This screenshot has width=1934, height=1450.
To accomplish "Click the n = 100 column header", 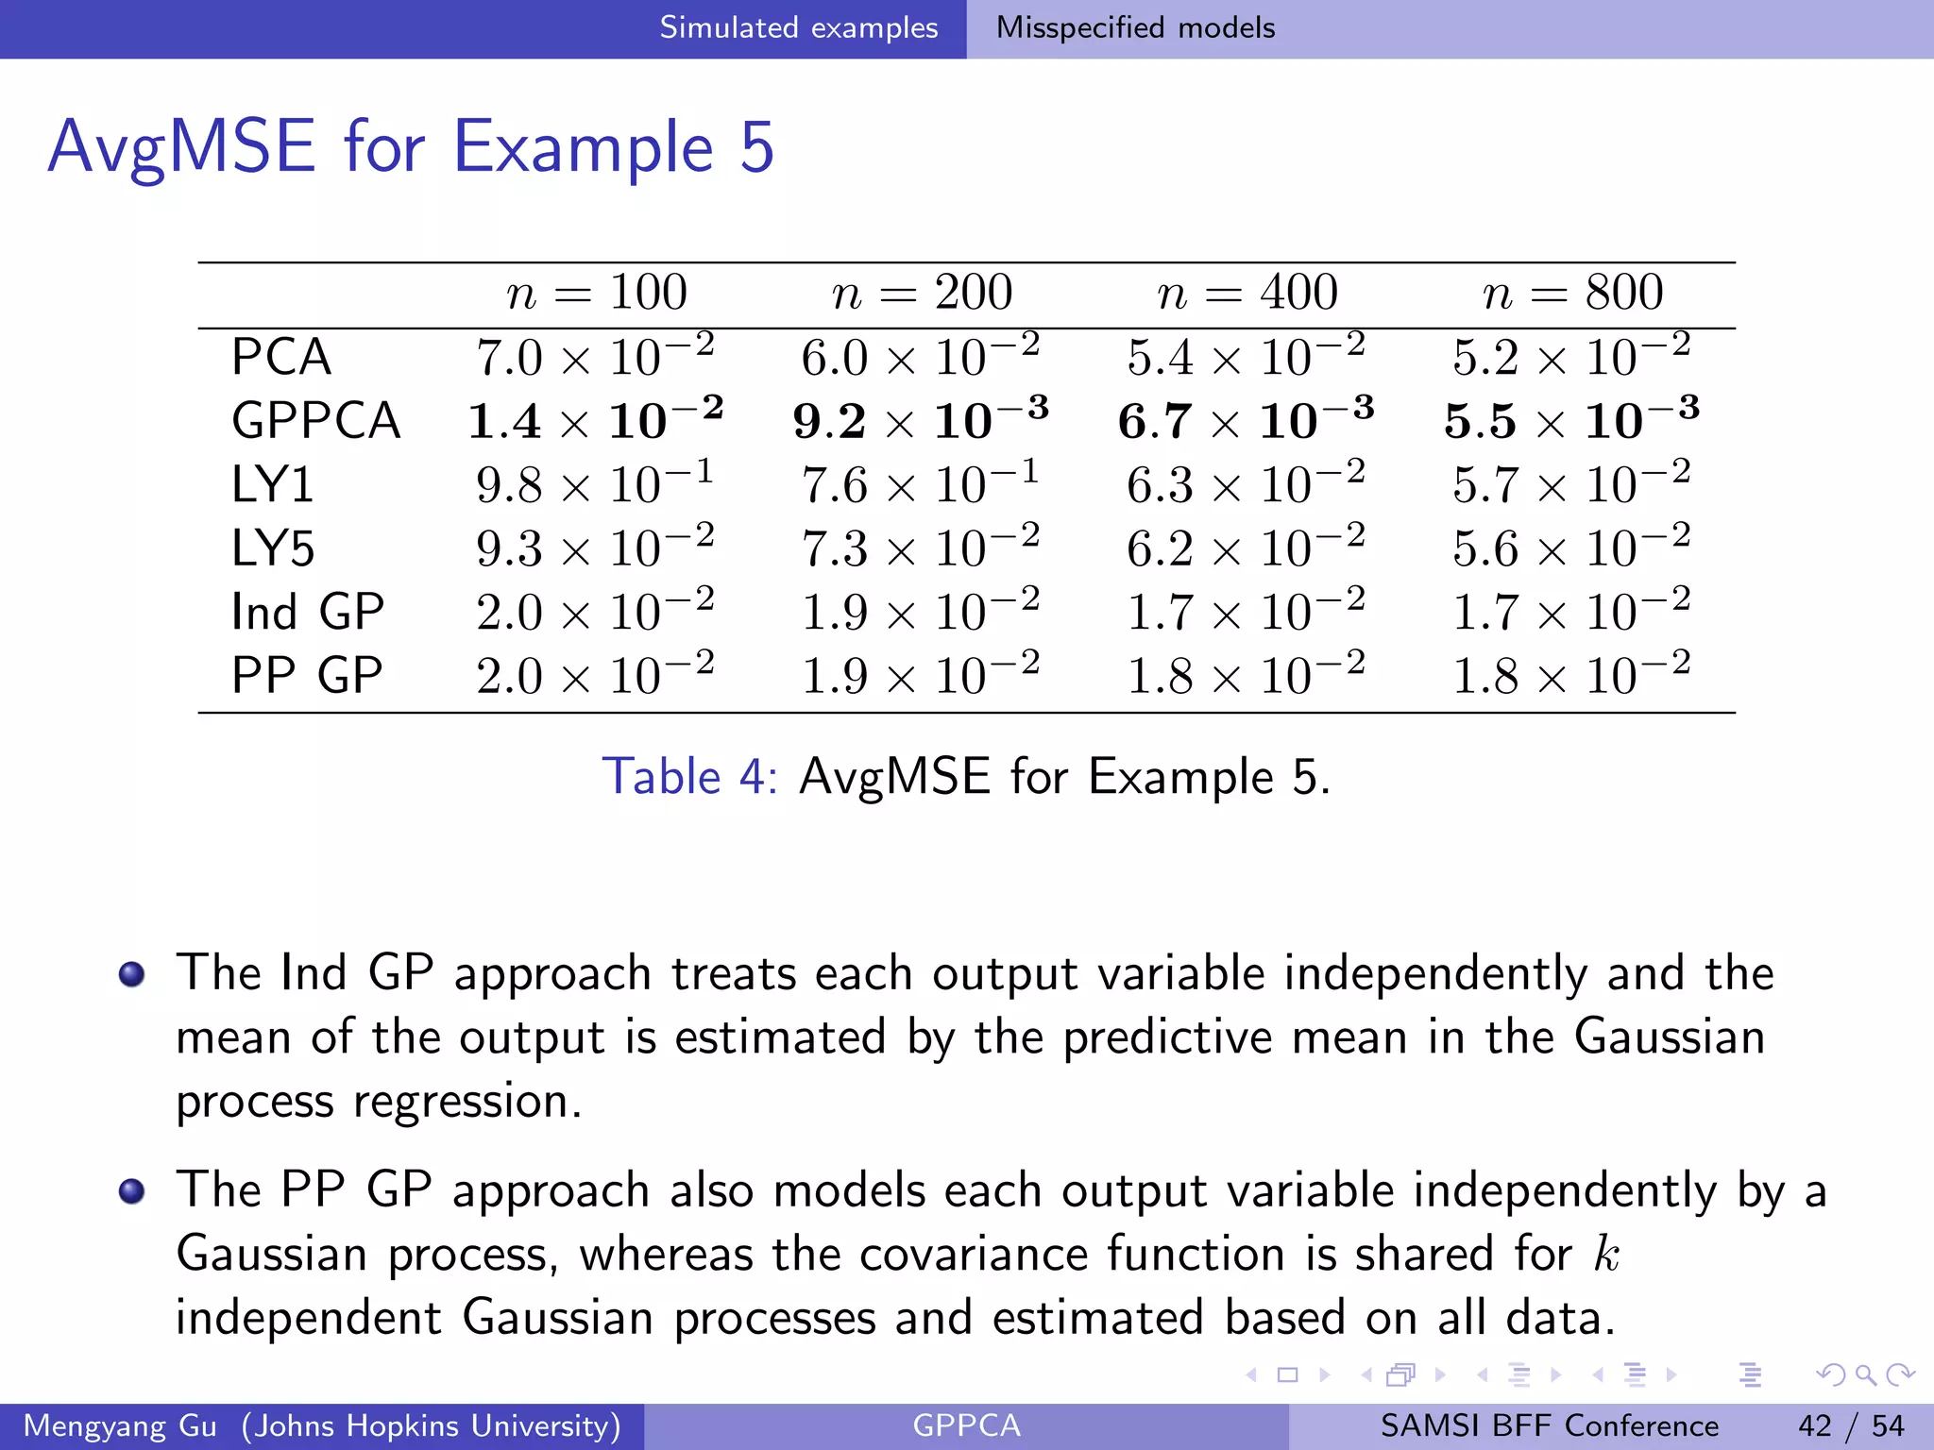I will click(597, 293).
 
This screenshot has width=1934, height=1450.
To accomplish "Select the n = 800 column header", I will click(1572, 293).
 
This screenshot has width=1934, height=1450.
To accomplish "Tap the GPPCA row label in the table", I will click(315, 421).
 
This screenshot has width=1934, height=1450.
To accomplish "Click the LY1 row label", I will click(272, 485).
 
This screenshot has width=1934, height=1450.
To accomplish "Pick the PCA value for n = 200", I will click(921, 357).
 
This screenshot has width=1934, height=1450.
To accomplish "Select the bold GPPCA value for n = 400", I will click(1246, 421).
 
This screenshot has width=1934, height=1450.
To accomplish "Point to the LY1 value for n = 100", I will click(595, 485).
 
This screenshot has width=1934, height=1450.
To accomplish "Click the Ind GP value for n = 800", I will click(1571, 612).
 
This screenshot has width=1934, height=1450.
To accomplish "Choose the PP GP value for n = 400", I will click(1246, 676).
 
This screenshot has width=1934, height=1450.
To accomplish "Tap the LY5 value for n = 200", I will click(921, 548).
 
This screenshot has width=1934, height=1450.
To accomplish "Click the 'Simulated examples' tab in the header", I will click(798, 28).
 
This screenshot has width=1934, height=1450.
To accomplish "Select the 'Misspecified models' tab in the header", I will click(1135, 28).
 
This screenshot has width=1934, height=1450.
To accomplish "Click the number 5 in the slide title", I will click(756, 147).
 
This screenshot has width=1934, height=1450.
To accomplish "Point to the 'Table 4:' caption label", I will click(689, 778).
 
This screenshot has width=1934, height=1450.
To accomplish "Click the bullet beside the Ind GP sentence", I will click(132, 974).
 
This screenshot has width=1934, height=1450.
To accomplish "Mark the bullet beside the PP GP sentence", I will click(132, 1191).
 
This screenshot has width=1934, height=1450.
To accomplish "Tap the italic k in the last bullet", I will click(1605, 1255).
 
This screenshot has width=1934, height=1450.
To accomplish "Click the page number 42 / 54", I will click(1851, 1425).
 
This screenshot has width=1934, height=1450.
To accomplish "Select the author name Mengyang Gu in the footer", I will click(120, 1425).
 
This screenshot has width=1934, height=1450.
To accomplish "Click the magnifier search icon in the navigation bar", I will click(1865, 1375).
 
